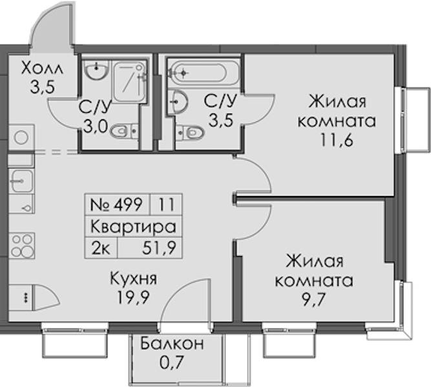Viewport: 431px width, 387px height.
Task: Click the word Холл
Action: tap(42, 68)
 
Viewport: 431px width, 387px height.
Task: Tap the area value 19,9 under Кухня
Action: tap(133, 297)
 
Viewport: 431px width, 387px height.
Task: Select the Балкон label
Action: tap(173, 344)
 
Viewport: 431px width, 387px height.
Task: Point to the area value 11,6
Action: tap(336, 141)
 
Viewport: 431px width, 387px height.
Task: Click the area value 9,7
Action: tap(313, 301)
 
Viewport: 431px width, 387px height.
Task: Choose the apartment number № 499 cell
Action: tap(118, 204)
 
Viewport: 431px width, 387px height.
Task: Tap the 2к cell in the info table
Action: tap(101, 249)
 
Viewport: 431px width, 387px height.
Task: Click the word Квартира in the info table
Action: tap(133, 226)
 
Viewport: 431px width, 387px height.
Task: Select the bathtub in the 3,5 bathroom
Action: tap(204, 72)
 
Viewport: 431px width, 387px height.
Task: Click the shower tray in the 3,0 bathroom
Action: tap(129, 82)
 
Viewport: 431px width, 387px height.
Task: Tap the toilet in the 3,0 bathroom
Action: tap(124, 131)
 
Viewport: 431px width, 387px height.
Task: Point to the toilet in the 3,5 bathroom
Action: tap(190, 133)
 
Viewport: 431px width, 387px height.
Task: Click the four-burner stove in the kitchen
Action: tap(22, 245)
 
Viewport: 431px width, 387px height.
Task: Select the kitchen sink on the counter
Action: tap(21, 181)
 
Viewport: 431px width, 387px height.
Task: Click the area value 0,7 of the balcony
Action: tap(171, 362)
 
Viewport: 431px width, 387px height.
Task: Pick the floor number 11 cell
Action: tap(166, 204)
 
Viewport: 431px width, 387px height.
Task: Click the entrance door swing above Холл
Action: tap(52, 26)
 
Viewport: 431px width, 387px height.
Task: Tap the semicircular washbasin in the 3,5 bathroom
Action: tap(178, 101)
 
